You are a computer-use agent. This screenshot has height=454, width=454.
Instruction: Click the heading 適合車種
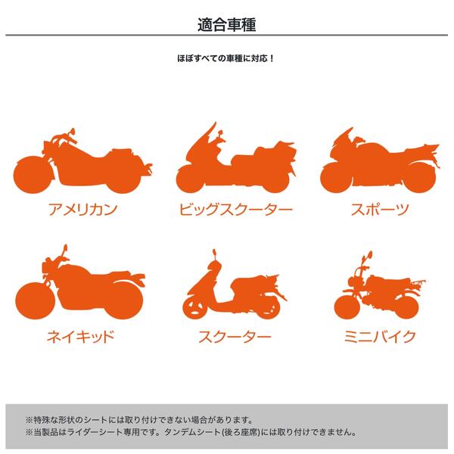[227, 25]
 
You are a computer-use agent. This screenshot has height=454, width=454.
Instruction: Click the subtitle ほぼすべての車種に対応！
[225, 58]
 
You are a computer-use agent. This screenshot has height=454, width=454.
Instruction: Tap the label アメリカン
[82, 210]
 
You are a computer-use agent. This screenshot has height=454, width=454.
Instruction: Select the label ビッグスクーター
[235, 210]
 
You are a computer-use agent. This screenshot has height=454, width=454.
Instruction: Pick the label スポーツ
[380, 210]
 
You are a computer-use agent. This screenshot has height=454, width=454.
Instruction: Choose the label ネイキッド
[80, 336]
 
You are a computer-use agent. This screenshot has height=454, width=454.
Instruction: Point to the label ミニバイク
[380, 336]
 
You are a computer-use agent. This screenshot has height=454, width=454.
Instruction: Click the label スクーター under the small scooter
[235, 336]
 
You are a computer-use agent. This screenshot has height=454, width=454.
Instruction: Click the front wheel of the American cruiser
[32, 175]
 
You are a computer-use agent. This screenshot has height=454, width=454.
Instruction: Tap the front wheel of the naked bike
[35, 300]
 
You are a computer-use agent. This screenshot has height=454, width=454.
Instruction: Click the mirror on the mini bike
[369, 255]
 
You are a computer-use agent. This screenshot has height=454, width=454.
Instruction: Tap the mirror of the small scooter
[214, 252]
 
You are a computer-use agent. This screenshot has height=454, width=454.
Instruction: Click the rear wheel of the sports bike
[419, 177]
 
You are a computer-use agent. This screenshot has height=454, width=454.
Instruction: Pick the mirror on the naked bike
[65, 248]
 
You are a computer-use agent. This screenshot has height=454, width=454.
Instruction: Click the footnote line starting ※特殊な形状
[139, 419]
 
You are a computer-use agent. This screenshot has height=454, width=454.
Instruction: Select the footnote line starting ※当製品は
[191, 432]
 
